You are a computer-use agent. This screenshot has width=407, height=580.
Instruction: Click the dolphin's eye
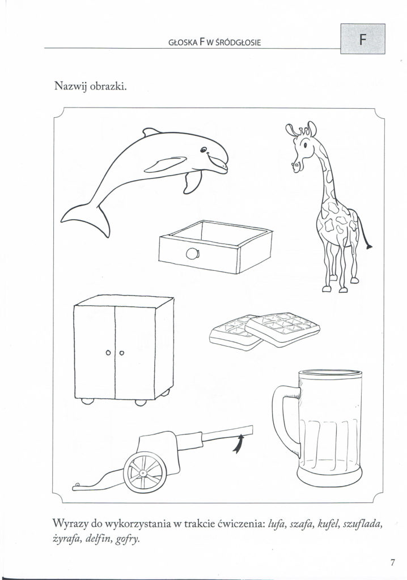click(x=203, y=150)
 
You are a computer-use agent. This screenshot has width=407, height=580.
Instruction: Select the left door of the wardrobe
click(x=95, y=352)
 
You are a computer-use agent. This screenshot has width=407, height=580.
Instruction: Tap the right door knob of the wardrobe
click(x=121, y=352)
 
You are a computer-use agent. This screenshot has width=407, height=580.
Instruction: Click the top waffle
click(x=282, y=327)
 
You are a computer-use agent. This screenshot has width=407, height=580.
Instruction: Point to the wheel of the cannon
click(x=145, y=472)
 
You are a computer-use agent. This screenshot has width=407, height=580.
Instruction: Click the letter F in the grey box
click(x=363, y=39)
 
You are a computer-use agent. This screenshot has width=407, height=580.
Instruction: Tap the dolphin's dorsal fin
click(x=151, y=131)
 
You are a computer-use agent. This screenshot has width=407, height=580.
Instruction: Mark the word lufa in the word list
click(x=275, y=524)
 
